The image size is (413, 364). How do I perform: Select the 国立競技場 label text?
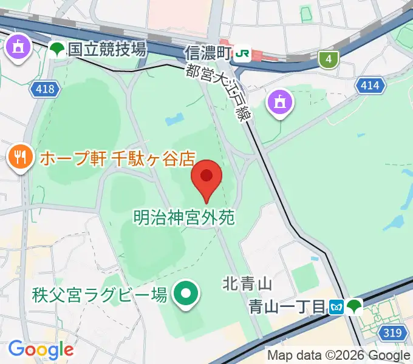[107, 50]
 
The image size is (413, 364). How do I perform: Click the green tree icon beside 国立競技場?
[58, 50]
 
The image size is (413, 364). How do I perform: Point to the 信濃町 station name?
[208, 53]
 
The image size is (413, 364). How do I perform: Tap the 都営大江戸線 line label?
[218, 92]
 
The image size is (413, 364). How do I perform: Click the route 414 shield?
[370, 86]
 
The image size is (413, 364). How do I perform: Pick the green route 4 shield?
[329, 59]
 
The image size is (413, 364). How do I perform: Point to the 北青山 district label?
[247, 283]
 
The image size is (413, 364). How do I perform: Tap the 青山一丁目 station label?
[287, 306]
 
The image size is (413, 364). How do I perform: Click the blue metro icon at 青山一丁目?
[336, 307]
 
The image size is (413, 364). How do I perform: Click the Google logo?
[41, 349]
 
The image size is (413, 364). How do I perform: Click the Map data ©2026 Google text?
[339, 356]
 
